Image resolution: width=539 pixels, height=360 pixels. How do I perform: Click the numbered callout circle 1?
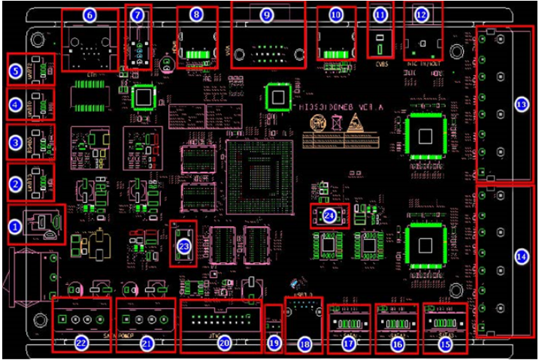(15, 225)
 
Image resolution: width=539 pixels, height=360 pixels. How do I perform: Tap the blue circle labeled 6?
(89, 15)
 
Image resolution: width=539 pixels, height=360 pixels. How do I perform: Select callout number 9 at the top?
(267, 14)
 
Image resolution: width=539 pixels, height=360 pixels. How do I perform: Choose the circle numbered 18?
(304, 343)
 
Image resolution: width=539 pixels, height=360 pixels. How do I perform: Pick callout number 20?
(223, 343)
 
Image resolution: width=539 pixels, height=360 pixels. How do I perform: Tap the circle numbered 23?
(183, 245)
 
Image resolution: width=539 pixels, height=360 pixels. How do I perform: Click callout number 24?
(330, 216)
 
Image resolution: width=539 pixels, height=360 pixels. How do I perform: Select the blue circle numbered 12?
(421, 14)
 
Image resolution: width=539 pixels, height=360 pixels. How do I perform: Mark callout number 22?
(82, 343)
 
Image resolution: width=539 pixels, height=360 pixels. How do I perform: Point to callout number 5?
(15, 71)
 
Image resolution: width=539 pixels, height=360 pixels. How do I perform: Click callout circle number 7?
(137, 15)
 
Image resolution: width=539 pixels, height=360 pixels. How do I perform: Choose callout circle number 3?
(15, 141)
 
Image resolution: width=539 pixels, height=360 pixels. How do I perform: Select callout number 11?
(380, 14)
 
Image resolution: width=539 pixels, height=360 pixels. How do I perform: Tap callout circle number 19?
(274, 343)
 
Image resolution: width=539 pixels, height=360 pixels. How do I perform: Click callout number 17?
(348, 343)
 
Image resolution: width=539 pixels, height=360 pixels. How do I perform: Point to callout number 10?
(335, 14)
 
